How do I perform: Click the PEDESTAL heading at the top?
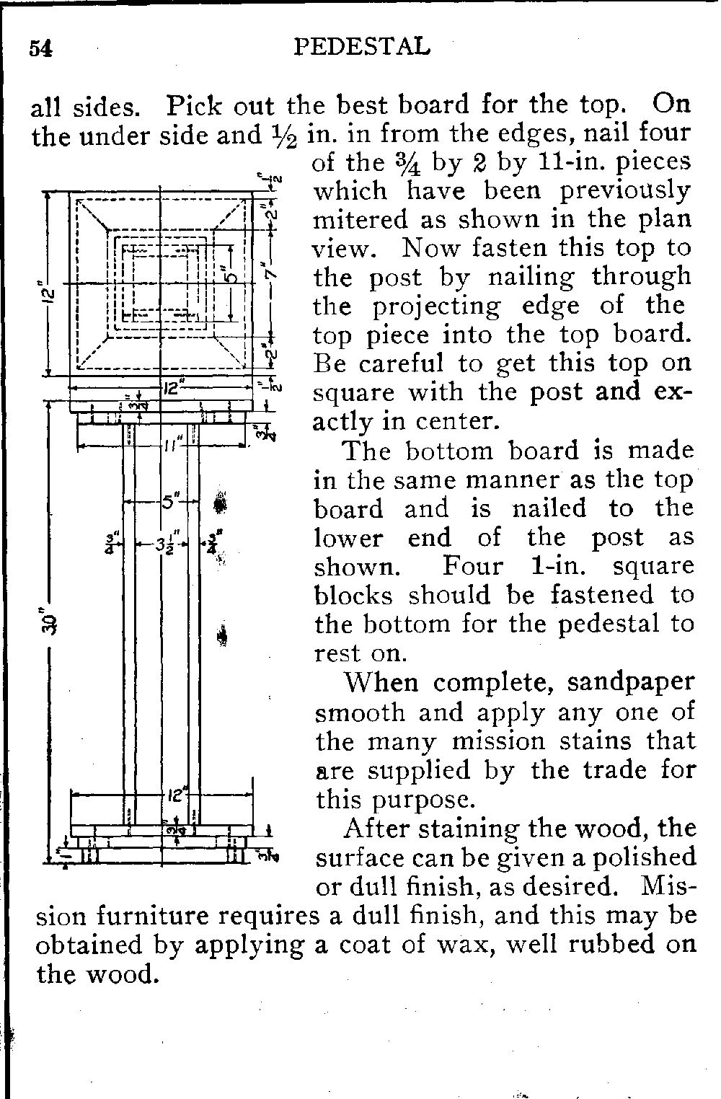click(x=363, y=47)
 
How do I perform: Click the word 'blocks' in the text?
click(x=355, y=596)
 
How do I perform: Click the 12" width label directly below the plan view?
click(x=170, y=388)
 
